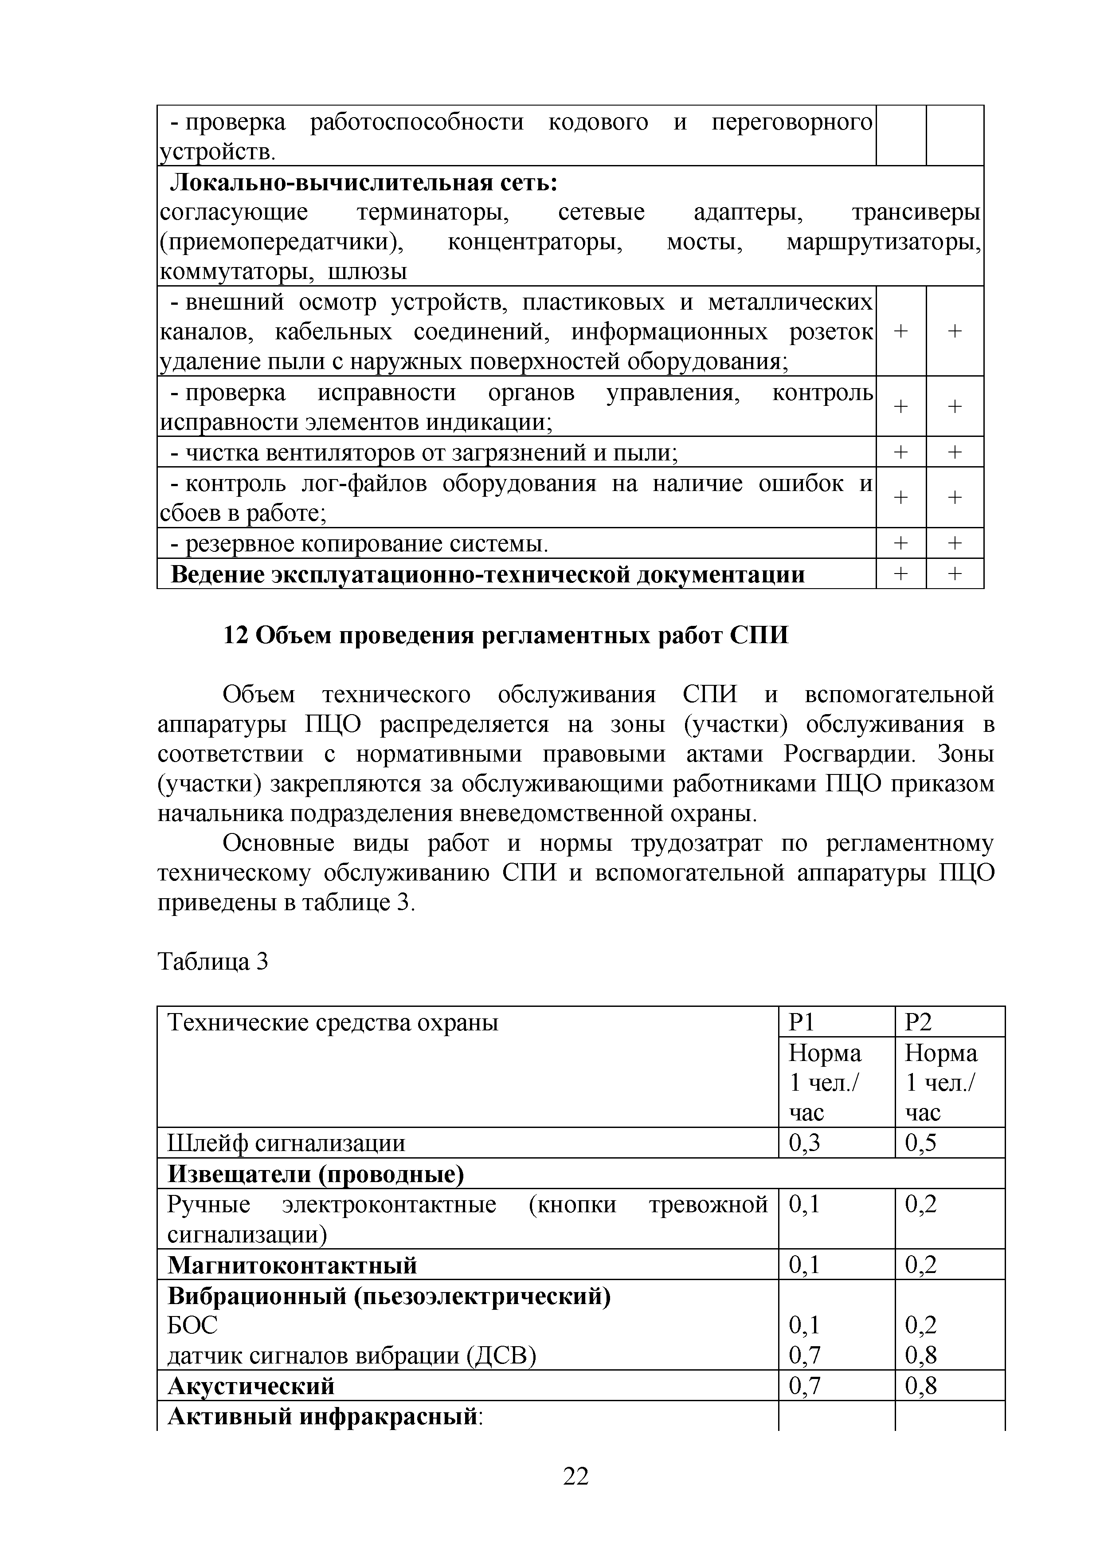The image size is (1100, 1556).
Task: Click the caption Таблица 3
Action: click(x=213, y=962)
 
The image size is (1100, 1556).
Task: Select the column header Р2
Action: click(x=919, y=1022)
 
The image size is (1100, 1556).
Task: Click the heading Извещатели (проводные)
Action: click(x=316, y=1174)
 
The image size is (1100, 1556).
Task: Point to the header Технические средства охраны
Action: click(x=333, y=1022)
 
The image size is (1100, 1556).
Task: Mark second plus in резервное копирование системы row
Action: click(x=955, y=543)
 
